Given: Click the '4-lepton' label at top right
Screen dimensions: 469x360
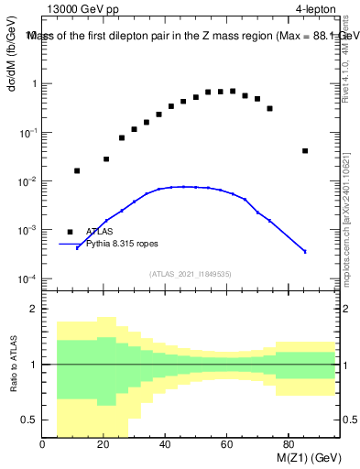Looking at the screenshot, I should [x=316, y=9].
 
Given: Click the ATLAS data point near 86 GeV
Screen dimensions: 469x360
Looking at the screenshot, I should [x=305, y=151].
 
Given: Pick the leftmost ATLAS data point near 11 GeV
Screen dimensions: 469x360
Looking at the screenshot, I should [x=77, y=170].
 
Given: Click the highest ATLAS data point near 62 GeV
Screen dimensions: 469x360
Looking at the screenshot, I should [x=233, y=92].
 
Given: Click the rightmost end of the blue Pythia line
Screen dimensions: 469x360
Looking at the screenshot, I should [x=305, y=252].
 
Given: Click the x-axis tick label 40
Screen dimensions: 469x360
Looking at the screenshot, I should [x=165, y=446].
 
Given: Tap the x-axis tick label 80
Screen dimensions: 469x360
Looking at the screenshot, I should [x=288, y=446].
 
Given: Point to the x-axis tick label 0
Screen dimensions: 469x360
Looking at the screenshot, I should [x=43, y=446].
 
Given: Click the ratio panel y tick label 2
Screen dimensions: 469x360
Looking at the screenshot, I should [x=34, y=309].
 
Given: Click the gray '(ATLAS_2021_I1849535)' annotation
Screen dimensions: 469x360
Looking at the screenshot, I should [x=191, y=274].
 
